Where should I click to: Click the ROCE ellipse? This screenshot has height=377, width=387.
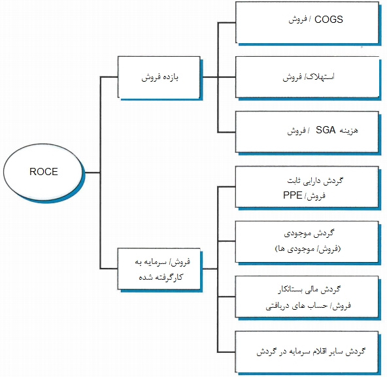point(44,172)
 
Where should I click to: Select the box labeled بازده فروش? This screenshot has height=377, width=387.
point(160,77)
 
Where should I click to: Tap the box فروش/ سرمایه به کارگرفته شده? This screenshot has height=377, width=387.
point(160,268)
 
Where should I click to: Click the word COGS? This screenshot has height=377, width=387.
point(329,20)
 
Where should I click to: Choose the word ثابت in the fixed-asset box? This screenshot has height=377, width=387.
point(294,180)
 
